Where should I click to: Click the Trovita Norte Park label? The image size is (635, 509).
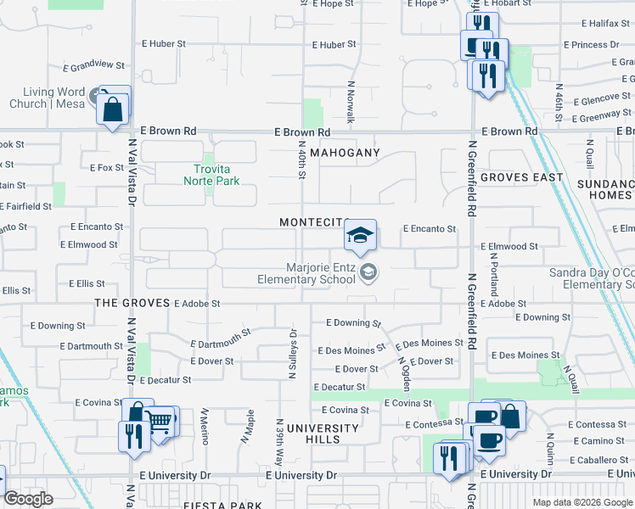pos(212,175)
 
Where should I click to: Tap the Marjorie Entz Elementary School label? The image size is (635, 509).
pos(307,273)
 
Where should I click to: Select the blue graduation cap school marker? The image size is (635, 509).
pos(361,236)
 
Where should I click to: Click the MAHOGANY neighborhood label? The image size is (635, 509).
pos(344,153)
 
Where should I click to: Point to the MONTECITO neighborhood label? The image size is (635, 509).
pos(312,222)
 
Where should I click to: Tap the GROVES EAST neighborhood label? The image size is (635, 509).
pos(521,177)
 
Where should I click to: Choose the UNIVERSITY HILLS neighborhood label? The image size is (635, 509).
pos(323,433)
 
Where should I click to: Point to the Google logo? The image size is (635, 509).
pos(28,498)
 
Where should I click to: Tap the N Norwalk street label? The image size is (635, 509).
pos(350,103)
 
